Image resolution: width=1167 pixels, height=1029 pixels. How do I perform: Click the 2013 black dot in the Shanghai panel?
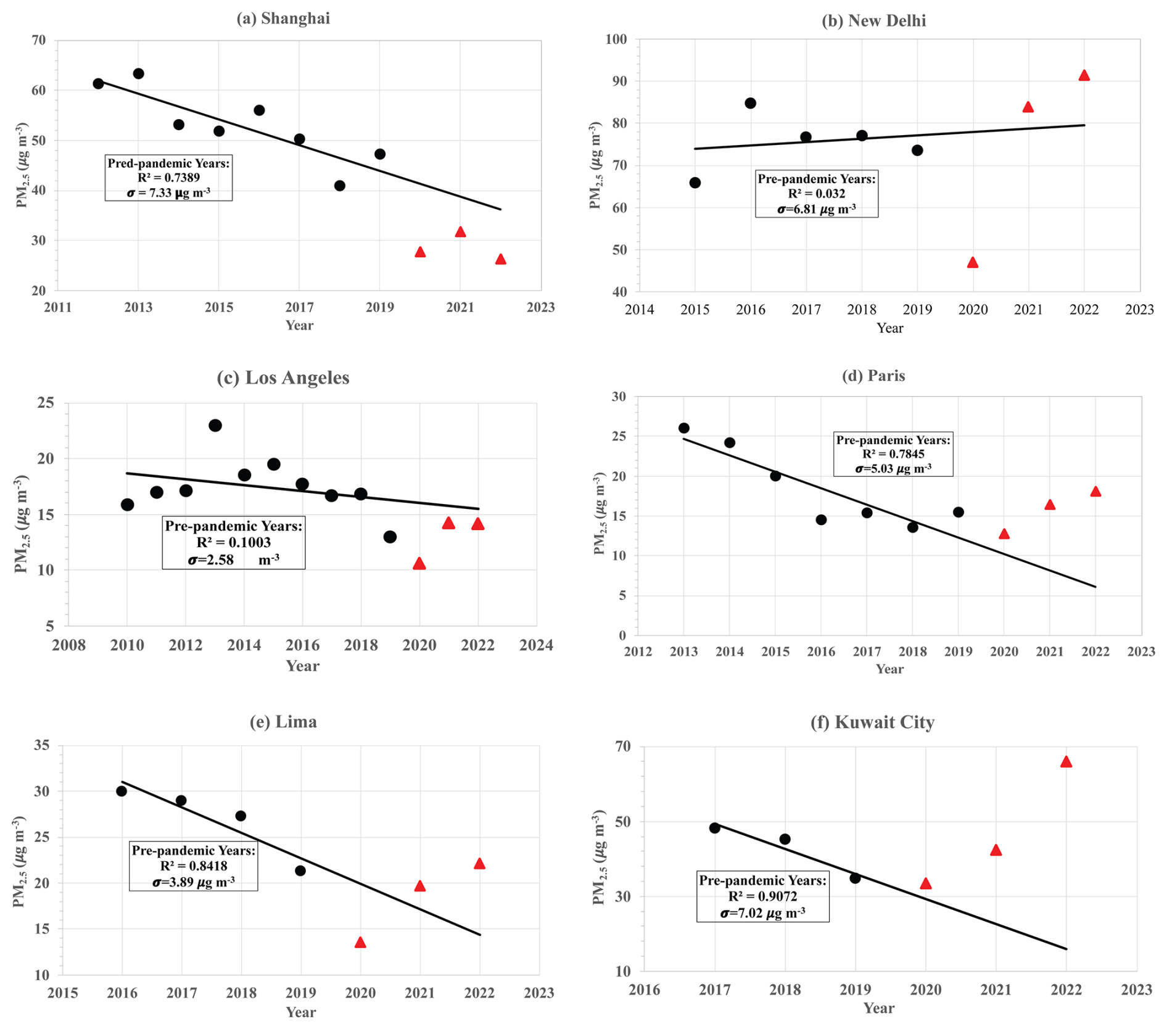[x=138, y=74]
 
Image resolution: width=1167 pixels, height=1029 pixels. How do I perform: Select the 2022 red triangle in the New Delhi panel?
[x=1084, y=76]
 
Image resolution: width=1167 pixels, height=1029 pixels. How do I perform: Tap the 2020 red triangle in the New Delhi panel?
[x=973, y=263]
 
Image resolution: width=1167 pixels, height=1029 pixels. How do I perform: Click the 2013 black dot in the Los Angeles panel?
[x=215, y=426]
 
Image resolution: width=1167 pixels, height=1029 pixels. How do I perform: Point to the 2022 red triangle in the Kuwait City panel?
[x=1066, y=762]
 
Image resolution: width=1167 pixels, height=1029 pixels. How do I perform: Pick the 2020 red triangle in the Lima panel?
[x=360, y=943]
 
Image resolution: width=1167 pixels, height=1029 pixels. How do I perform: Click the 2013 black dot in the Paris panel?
[x=683, y=428]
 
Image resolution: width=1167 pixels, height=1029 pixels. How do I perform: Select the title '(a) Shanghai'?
[x=283, y=19]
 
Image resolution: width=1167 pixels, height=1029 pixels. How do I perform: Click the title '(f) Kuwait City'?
[x=872, y=722]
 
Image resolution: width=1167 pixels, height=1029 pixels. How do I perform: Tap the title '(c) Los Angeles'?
[x=283, y=378]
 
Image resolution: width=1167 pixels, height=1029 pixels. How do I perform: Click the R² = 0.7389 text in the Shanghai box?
[x=168, y=178]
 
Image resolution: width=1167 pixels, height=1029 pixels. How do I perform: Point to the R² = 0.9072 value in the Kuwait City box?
[x=762, y=896]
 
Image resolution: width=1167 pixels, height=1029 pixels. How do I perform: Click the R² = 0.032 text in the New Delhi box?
[x=817, y=194]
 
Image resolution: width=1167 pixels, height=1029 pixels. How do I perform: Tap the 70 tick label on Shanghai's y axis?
[x=38, y=40]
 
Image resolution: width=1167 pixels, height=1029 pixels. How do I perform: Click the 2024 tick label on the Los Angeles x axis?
[x=536, y=645]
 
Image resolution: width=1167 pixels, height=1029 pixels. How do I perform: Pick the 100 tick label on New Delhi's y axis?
[x=616, y=39]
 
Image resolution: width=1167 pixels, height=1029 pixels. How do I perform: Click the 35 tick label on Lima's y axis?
[x=41, y=745]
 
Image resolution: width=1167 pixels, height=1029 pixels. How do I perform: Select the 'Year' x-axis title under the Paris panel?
[x=889, y=669]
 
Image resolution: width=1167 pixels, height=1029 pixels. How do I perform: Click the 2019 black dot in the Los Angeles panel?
[x=390, y=537]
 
